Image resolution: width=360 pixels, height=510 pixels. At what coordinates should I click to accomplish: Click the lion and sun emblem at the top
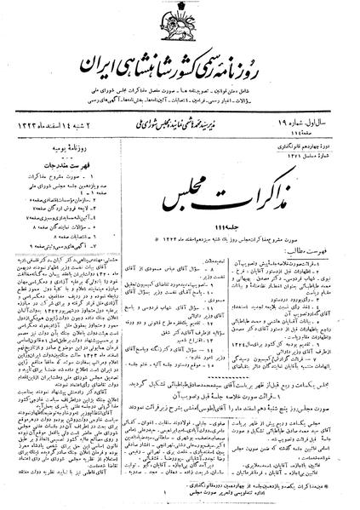(180, 23)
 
